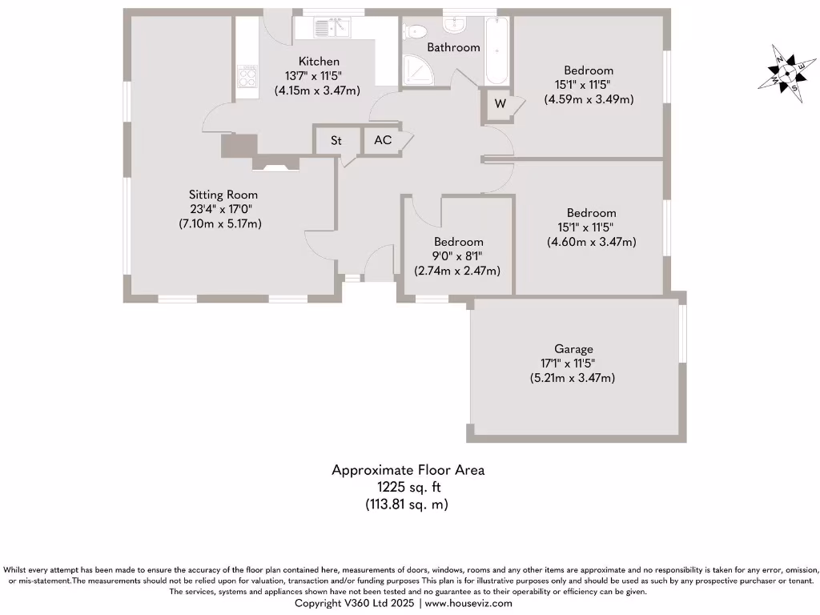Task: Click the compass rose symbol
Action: [x=784, y=73]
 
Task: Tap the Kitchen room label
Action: [x=319, y=62]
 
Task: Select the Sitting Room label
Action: [x=223, y=195]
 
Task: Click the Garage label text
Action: [x=573, y=349]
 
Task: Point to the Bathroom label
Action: [x=453, y=47]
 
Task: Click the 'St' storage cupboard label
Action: [x=336, y=140]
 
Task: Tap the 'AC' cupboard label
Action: [x=383, y=140]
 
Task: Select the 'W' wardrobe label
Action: [x=500, y=104]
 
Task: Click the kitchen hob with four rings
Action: [x=247, y=78]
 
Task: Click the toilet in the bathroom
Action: [x=416, y=30]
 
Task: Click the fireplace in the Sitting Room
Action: [x=275, y=163]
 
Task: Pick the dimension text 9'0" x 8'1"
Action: [x=459, y=256]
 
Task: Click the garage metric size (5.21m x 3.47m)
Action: [x=573, y=378]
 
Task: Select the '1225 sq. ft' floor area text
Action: [x=408, y=487]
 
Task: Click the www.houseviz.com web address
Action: [x=468, y=603]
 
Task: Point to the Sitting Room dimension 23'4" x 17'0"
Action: [x=223, y=209]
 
